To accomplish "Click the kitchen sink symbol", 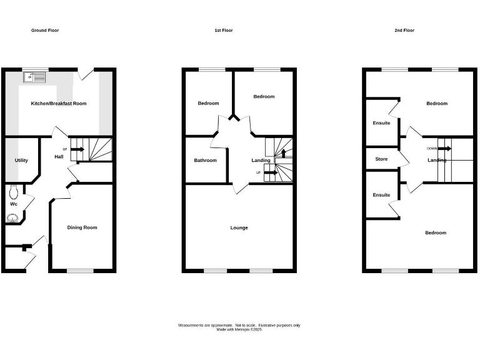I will tap(34, 77).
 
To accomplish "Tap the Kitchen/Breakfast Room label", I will tap(59, 103).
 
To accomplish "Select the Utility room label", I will tap(21, 161).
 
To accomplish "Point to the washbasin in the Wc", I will tap(12, 217).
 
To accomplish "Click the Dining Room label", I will tap(82, 227).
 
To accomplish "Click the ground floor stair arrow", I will tap(77, 149).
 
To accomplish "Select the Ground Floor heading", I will tap(45, 30).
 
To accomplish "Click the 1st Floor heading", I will tap(224, 30).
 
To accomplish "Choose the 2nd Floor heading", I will tap(404, 30).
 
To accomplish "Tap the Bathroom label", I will tap(205, 161).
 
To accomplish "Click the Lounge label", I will tap(239, 227).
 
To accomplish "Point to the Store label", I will tap(381, 159).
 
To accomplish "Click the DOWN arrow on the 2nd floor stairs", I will tap(444, 149).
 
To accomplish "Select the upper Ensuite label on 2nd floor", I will tap(381, 123).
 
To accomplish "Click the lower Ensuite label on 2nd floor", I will tap(381, 195).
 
